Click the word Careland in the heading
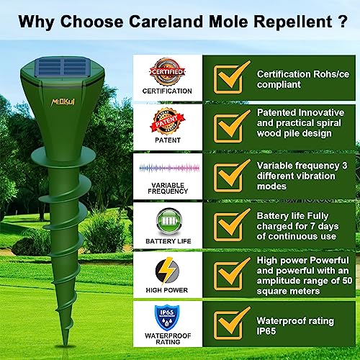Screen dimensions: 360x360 click(166, 22)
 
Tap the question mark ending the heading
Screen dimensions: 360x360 click(342, 22)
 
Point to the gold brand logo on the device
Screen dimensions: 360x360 click(63, 102)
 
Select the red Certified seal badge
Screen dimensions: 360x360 click(167, 72)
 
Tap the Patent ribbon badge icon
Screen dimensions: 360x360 click(168, 121)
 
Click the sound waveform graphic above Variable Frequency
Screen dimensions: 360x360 click(169, 168)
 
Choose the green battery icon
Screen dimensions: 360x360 click(169, 221)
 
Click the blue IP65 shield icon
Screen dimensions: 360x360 click(167, 318)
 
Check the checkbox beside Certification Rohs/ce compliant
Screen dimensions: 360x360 click(228, 79)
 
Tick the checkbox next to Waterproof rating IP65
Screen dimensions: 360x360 click(228, 325)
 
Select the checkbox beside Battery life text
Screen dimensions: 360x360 click(228, 227)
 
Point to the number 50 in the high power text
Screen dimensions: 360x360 click(347, 281)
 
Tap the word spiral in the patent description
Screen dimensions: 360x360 click(328, 123)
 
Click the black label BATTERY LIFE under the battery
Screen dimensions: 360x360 click(168, 241)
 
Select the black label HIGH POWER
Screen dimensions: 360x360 click(167, 290)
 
